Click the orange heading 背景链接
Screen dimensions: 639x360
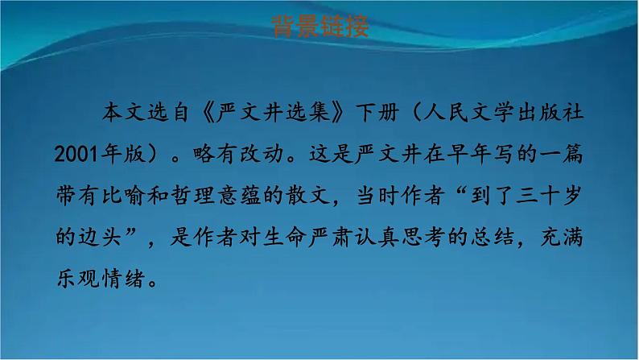point(320,27)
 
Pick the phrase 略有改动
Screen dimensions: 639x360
point(238,154)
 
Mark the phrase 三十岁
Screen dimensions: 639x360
point(548,196)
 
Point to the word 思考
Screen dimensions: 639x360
point(423,238)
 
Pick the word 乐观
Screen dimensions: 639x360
point(77,279)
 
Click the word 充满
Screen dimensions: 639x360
point(562,238)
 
